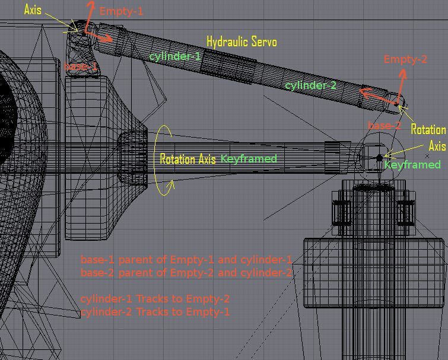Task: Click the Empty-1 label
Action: (x=121, y=11)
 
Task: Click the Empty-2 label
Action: (x=405, y=59)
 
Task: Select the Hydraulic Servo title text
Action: (x=242, y=42)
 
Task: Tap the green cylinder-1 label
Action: (x=175, y=56)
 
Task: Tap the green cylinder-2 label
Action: (x=310, y=85)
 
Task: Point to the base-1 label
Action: (x=81, y=66)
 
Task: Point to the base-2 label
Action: (x=385, y=126)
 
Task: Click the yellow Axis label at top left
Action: (x=33, y=10)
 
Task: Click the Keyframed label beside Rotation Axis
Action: (x=249, y=158)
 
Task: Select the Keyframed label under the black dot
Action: (x=412, y=164)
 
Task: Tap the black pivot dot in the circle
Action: (x=380, y=158)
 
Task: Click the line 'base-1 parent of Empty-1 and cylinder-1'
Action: (x=186, y=260)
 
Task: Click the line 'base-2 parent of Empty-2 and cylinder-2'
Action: (x=186, y=273)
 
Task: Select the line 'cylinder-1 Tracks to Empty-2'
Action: (x=155, y=298)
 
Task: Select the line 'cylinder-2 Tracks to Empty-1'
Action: (x=155, y=311)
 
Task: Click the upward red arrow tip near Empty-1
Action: (x=91, y=3)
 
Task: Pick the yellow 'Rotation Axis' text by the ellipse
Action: (x=188, y=159)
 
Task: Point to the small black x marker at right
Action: (x=427, y=157)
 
